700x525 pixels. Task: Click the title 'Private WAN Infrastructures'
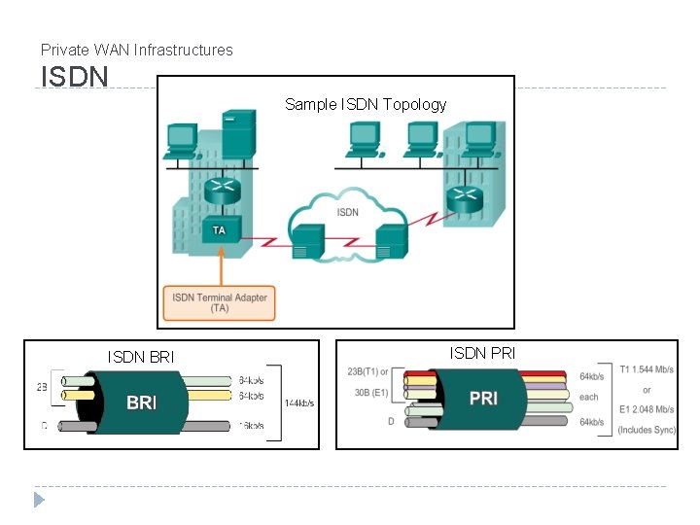click(x=137, y=50)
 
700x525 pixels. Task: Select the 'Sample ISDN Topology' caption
click(x=366, y=104)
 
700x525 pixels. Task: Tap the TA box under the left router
click(x=219, y=230)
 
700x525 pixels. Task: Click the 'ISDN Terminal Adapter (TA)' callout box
click(x=220, y=301)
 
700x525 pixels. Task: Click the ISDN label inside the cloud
click(x=347, y=212)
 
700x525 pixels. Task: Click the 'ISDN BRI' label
click(x=141, y=358)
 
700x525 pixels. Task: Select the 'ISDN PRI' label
click(x=482, y=353)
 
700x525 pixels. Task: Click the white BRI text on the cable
click(x=142, y=402)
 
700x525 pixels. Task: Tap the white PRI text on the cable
click(x=483, y=399)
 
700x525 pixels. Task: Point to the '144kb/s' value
click(x=298, y=402)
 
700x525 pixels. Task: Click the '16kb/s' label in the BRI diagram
click(x=251, y=426)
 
